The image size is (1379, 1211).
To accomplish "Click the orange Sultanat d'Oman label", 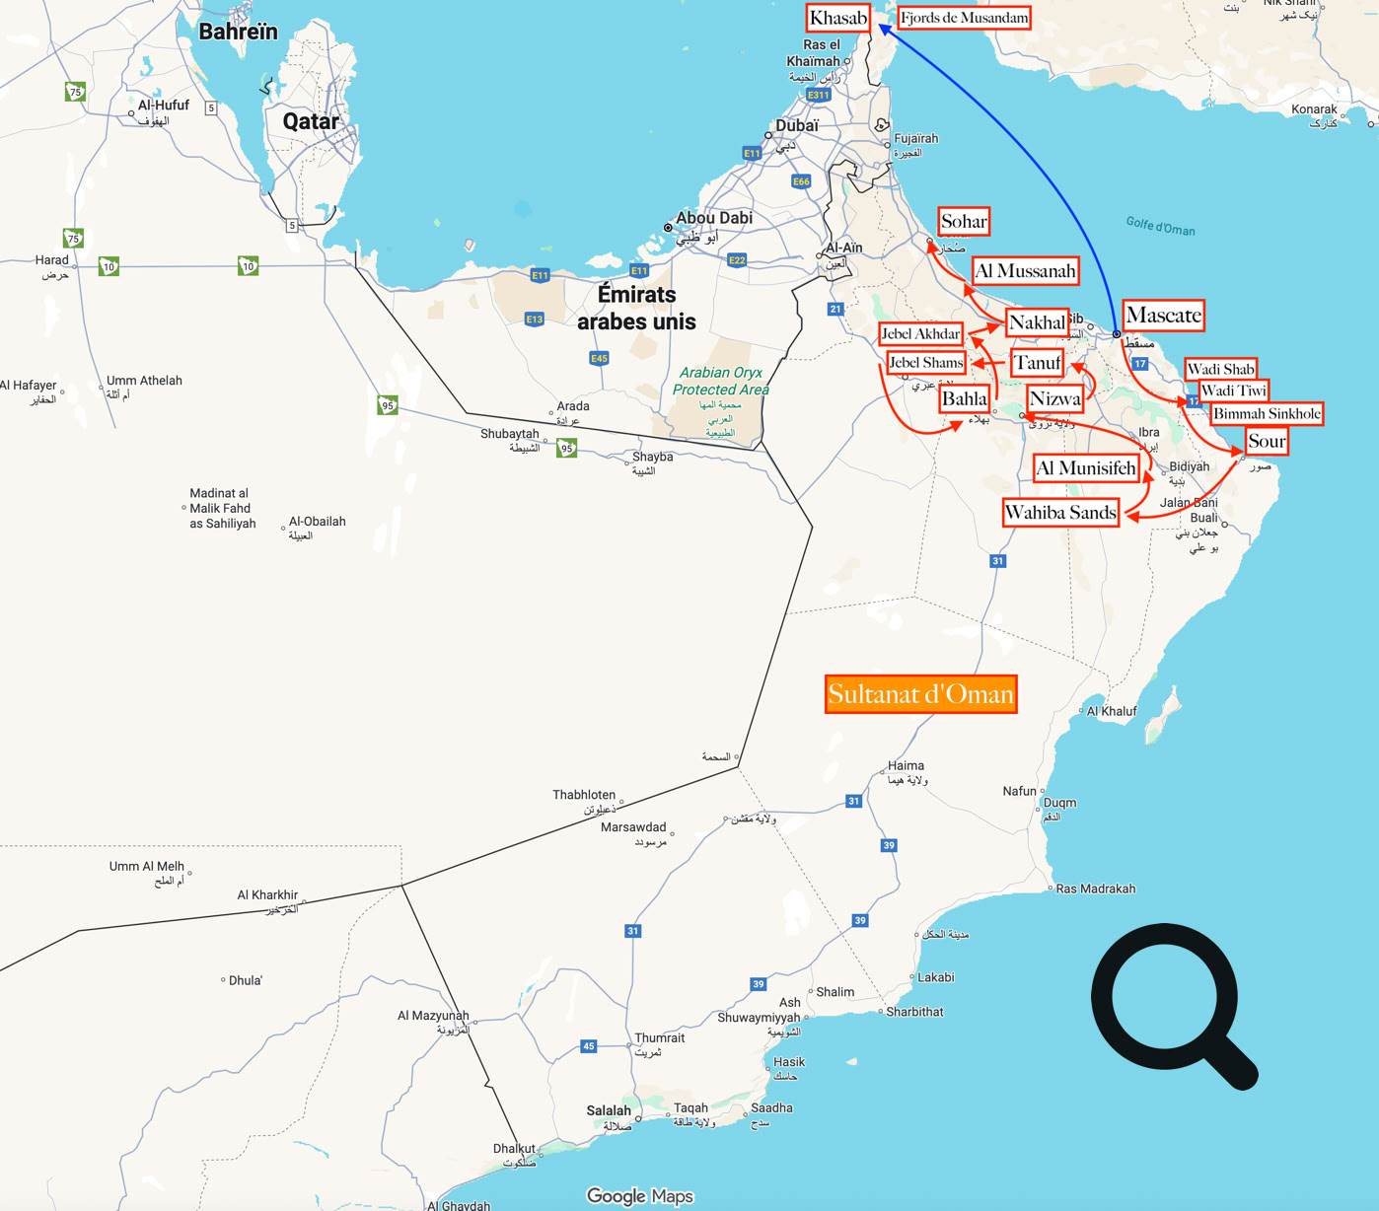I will pos(920,694).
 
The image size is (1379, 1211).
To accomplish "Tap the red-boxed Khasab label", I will pos(837,18).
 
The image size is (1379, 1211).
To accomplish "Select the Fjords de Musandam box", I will pos(964,18).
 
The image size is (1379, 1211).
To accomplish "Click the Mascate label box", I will pos(1164,316).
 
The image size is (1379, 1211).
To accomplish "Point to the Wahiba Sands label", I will pos(1060,513).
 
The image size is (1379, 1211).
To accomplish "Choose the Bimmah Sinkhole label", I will pos(1267,413).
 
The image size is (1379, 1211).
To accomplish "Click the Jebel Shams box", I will pos(925,363).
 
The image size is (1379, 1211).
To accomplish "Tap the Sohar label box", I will pos(964,222).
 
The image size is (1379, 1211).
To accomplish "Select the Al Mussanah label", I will pos(1025,271).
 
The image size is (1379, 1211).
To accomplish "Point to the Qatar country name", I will pos(311,121).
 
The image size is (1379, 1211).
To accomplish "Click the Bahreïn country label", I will pos(238,32).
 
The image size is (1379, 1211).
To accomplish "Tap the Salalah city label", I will pos(609,1110).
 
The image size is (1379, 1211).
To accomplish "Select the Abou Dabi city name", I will pos(714,218).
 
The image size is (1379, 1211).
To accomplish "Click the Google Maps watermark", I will pos(640,1196).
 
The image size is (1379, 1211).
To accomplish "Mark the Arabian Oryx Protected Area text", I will pos(721,382).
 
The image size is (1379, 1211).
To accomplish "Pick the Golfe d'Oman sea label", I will pos(1160,227).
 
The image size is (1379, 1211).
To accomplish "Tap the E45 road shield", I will pos(599,358).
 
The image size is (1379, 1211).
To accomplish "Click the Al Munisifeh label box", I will pos(1085,468).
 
